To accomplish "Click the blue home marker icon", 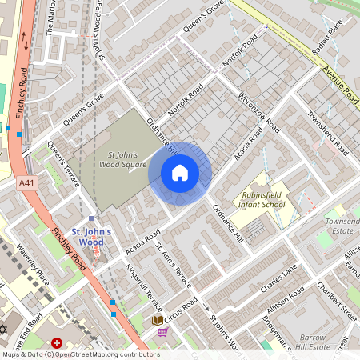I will coord(180,173).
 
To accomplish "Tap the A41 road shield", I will coord(27,184).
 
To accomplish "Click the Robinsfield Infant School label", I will coord(263,199).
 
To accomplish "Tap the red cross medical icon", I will coord(57,343).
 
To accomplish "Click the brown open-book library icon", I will coord(158,321).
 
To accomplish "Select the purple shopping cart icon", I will coord(163,332).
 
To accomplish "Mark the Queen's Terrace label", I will coord(64,165).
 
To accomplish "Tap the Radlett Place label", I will coord(330,36).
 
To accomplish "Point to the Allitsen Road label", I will coord(286,297).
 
